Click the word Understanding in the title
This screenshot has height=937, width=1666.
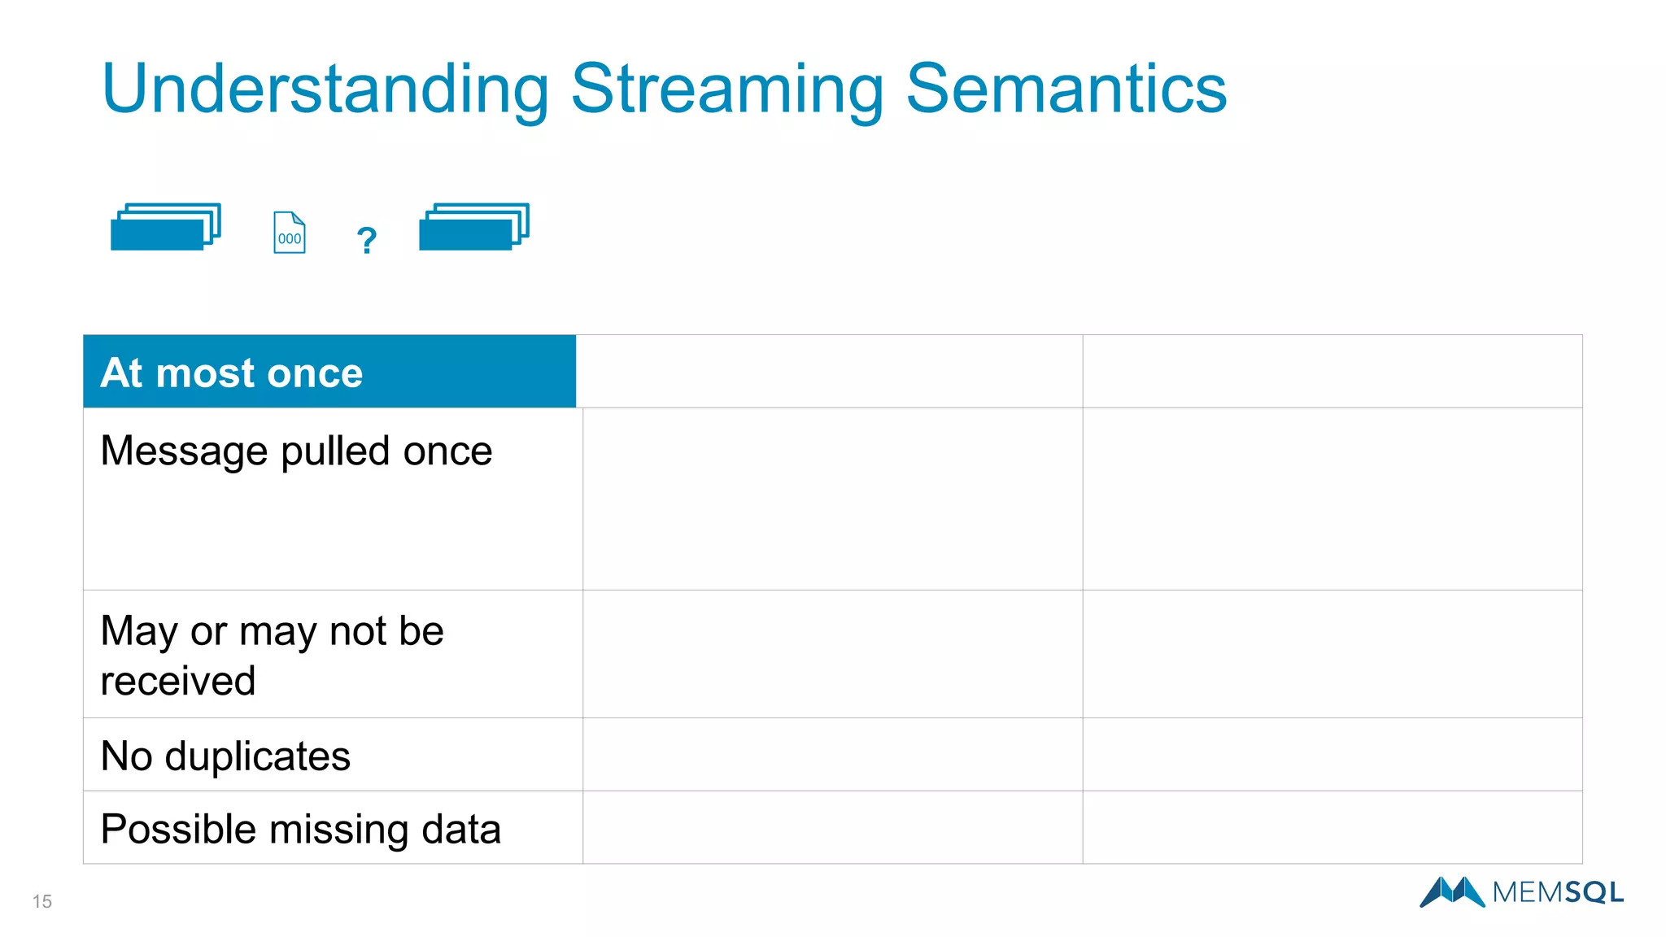pyautogui.click(x=325, y=89)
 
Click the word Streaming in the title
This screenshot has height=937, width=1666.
pyautogui.click(x=727, y=89)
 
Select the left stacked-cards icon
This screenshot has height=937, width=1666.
pyautogui.click(x=166, y=227)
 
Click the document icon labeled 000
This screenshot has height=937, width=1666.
pyautogui.click(x=290, y=233)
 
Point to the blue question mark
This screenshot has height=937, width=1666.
pyautogui.click(x=367, y=240)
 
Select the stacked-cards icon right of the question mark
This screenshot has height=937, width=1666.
pyautogui.click(x=474, y=227)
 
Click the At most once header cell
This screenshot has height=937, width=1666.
pyautogui.click(x=329, y=372)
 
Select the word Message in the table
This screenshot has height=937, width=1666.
pyautogui.click(x=184, y=451)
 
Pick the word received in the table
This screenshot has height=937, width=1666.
pyautogui.click(x=178, y=681)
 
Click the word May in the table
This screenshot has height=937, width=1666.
pyautogui.click(x=138, y=632)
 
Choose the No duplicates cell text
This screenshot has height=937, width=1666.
pyautogui.click(x=225, y=756)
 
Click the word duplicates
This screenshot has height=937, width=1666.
pyautogui.click(x=257, y=756)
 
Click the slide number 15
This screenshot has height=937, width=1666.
pyautogui.click(x=42, y=901)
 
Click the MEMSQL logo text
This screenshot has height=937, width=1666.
pyautogui.click(x=1557, y=892)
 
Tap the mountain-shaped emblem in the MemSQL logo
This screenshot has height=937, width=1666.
pyautogui.click(x=1452, y=892)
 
